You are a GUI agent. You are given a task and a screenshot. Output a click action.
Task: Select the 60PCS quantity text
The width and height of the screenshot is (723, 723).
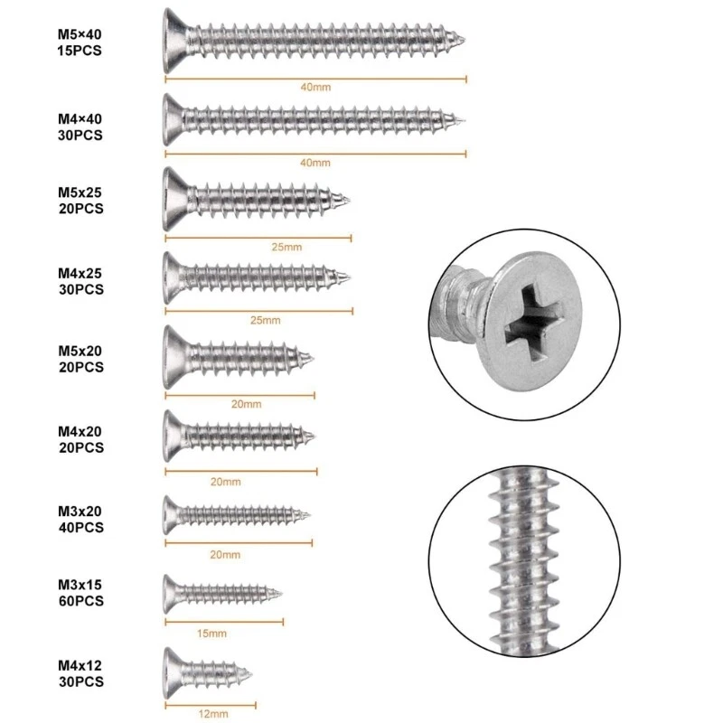pyautogui.click(x=79, y=601)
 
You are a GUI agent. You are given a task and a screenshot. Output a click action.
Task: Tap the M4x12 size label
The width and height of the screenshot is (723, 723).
pyautogui.click(x=79, y=662)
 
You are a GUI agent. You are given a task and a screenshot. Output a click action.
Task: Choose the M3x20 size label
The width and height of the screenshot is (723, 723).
pyautogui.click(x=79, y=511)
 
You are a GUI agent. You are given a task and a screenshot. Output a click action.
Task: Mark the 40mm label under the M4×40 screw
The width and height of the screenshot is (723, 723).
pyautogui.click(x=315, y=164)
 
